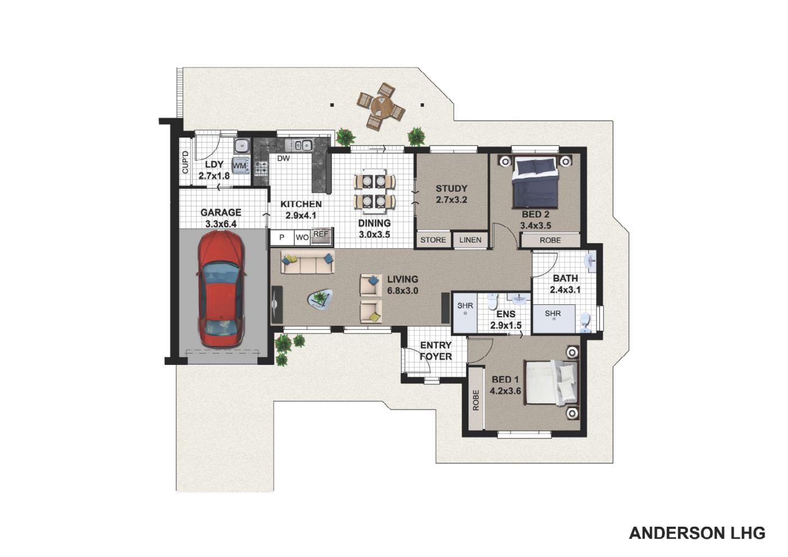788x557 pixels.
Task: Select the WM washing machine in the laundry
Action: pyautogui.click(x=240, y=166)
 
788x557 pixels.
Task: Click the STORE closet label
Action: pyautogui.click(x=433, y=240)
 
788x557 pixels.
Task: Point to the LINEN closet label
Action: pyautogui.click(x=470, y=240)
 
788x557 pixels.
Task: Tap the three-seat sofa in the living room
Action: pyautogui.click(x=307, y=263)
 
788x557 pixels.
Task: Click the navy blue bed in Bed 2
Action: pyautogui.click(x=535, y=182)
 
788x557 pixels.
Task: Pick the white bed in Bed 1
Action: pyautogui.click(x=551, y=382)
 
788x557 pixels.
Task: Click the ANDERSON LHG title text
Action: pyautogui.click(x=697, y=533)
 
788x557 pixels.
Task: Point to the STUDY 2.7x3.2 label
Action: pyautogui.click(x=452, y=194)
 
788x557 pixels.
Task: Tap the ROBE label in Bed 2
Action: pyautogui.click(x=550, y=240)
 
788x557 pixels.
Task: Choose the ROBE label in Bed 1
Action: pyautogui.click(x=476, y=400)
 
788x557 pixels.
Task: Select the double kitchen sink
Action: pyautogui.click(x=299, y=145)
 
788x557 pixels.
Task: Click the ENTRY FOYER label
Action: pyautogui.click(x=435, y=350)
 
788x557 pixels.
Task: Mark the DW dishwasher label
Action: pyautogui.click(x=284, y=158)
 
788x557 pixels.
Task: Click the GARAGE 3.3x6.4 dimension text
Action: pyautogui.click(x=221, y=218)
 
